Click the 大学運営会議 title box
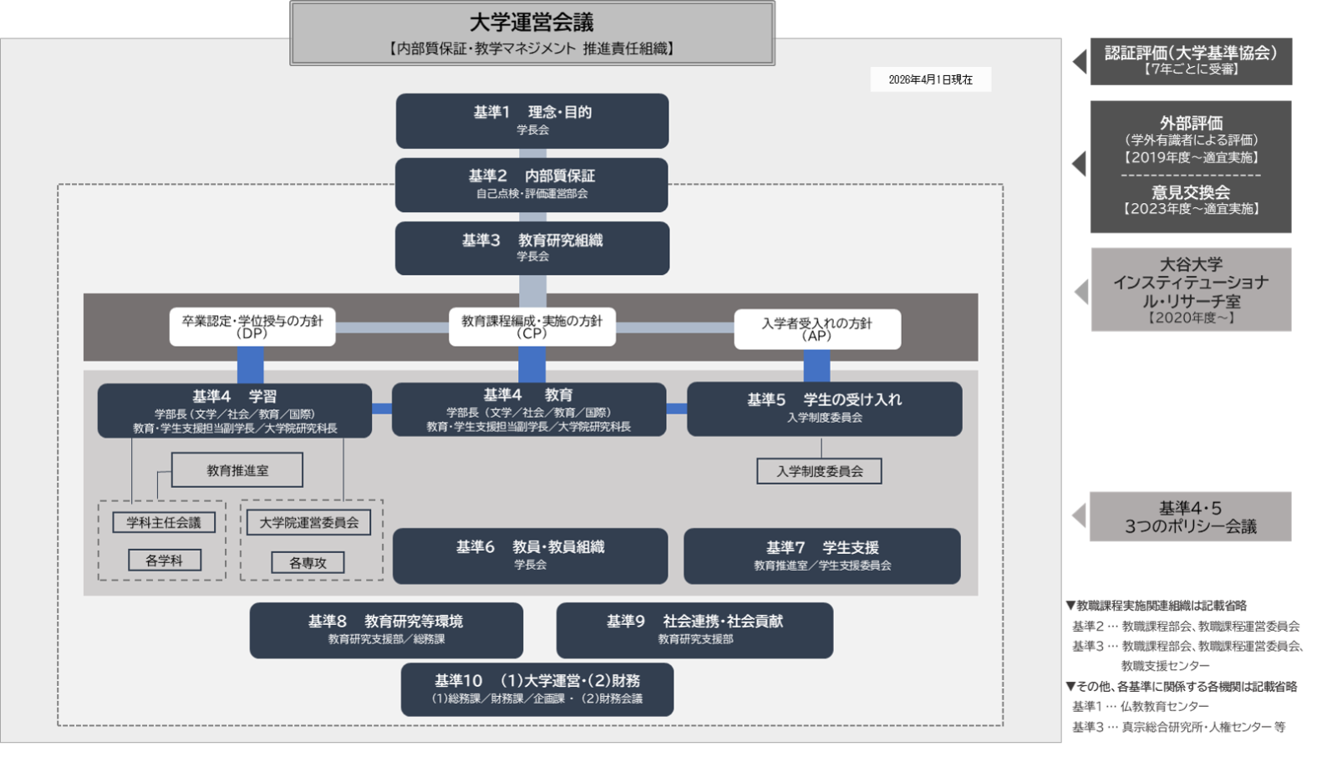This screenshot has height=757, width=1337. click(532, 33)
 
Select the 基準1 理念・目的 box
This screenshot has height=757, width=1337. click(532, 120)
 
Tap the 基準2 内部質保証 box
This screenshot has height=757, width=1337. click(531, 185)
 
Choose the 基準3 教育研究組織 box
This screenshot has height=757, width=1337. click(532, 248)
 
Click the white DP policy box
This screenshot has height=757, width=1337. click(252, 327)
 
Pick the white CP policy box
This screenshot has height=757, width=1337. click(531, 327)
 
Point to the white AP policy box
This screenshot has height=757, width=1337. click(817, 329)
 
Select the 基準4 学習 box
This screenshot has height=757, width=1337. click(235, 410)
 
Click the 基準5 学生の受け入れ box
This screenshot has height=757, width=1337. click(824, 409)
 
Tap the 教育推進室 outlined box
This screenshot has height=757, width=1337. click(237, 470)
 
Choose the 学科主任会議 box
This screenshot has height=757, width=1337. click(164, 522)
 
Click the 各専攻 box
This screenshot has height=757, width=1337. click(308, 562)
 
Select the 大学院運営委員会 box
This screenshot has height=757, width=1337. click(309, 522)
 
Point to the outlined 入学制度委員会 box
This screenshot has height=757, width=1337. click(819, 471)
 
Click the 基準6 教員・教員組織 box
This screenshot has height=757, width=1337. click(530, 556)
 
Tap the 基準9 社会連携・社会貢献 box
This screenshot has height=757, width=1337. click(694, 630)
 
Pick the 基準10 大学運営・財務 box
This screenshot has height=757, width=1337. click(537, 689)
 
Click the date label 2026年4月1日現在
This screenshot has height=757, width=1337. click(930, 79)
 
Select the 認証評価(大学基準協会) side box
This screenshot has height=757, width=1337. click(1191, 61)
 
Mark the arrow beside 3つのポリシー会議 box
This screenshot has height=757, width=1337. click(1080, 516)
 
